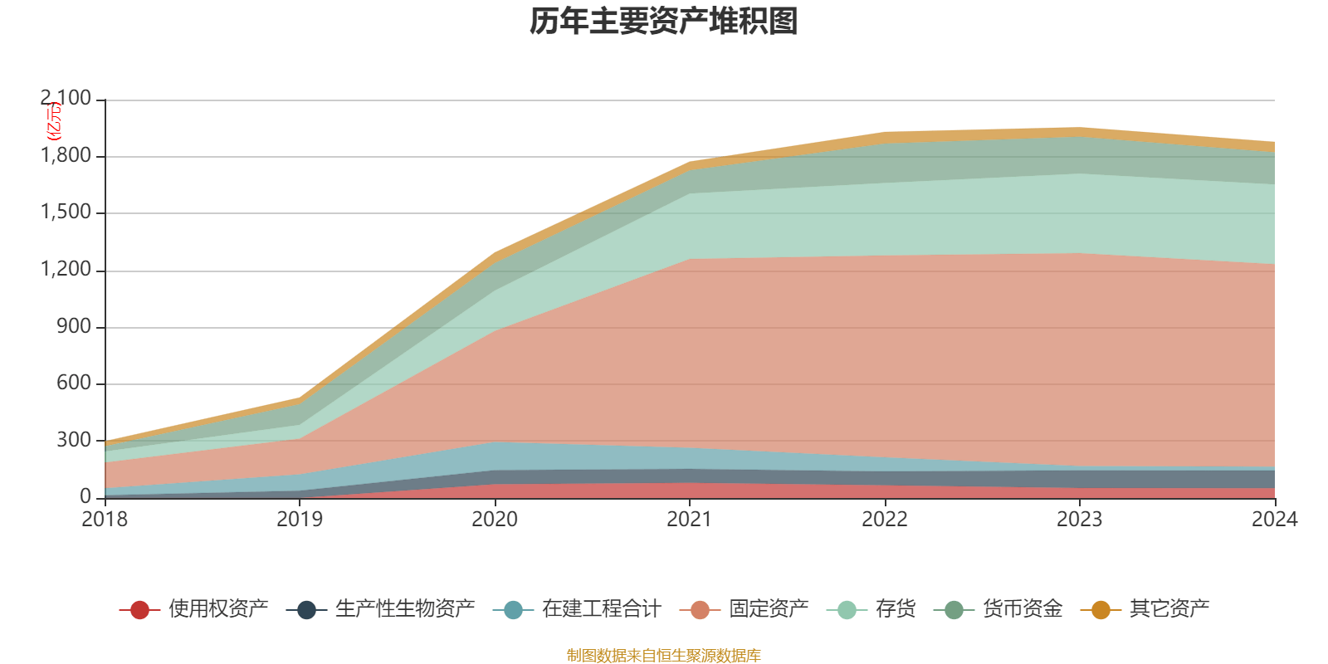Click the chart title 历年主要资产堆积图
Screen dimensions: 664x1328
coord(664,22)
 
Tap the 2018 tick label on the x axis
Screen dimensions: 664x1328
coord(105,520)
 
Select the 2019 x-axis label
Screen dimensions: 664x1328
coord(300,520)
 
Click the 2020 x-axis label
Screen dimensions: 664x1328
coord(495,520)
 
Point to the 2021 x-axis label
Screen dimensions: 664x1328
coord(690,520)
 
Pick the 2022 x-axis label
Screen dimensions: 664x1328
coord(885,520)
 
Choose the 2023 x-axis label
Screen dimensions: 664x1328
coord(1079,520)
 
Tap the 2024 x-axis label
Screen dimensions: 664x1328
coord(1274,520)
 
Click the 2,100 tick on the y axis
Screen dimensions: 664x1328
coord(66,99)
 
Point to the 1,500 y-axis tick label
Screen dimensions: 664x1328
coord(66,212)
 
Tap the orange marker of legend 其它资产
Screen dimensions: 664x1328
coord(1101,610)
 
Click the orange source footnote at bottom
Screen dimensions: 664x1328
coord(663,656)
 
